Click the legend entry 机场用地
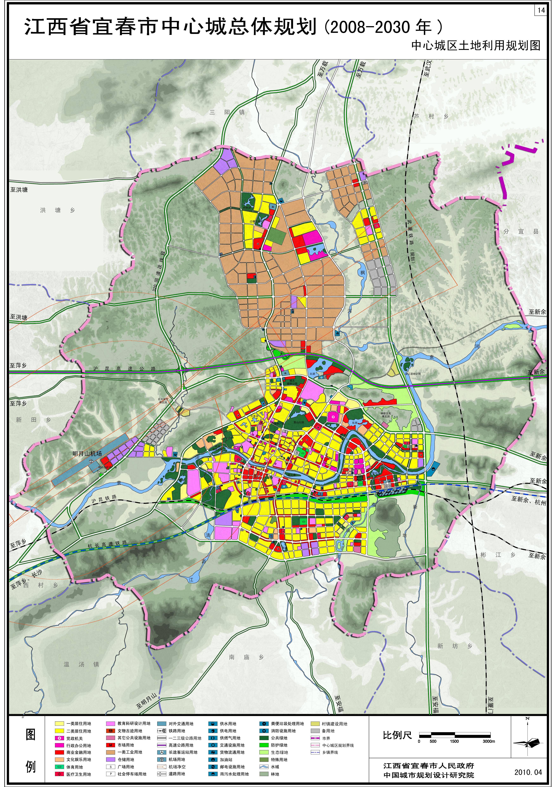[177, 760]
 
